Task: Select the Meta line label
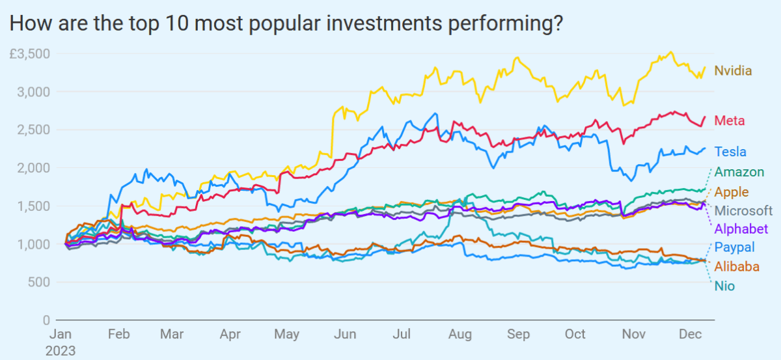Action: pyautogui.click(x=729, y=120)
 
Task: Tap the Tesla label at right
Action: pyautogui.click(x=730, y=152)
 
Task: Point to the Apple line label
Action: pyautogui.click(x=732, y=192)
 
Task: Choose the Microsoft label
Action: pyautogui.click(x=743, y=210)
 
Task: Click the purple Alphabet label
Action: pyautogui.click(x=741, y=228)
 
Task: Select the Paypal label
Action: pyautogui.click(x=735, y=247)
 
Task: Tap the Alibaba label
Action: pyautogui.click(x=737, y=266)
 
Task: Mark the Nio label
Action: pyautogui.click(x=724, y=285)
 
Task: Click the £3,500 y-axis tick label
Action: pyautogui.click(x=29, y=53)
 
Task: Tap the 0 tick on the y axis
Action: pyautogui.click(x=46, y=320)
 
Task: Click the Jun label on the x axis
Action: pyautogui.click(x=345, y=335)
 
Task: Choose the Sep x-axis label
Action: pyautogui.click(x=518, y=335)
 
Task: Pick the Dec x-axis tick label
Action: pyautogui.click(x=690, y=335)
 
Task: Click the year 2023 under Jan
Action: pyautogui.click(x=60, y=350)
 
